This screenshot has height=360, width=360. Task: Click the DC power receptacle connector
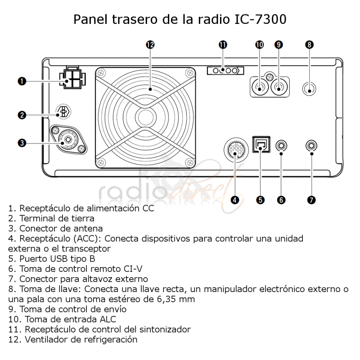click(72, 78)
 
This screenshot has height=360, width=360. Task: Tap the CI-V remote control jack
click(282, 145)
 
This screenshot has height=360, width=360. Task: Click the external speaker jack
click(311, 145)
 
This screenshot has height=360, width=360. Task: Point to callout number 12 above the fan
click(150, 45)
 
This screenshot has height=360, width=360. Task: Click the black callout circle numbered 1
click(21, 81)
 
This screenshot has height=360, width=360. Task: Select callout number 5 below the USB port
click(260, 200)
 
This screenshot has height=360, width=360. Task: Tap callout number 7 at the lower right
click(311, 200)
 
